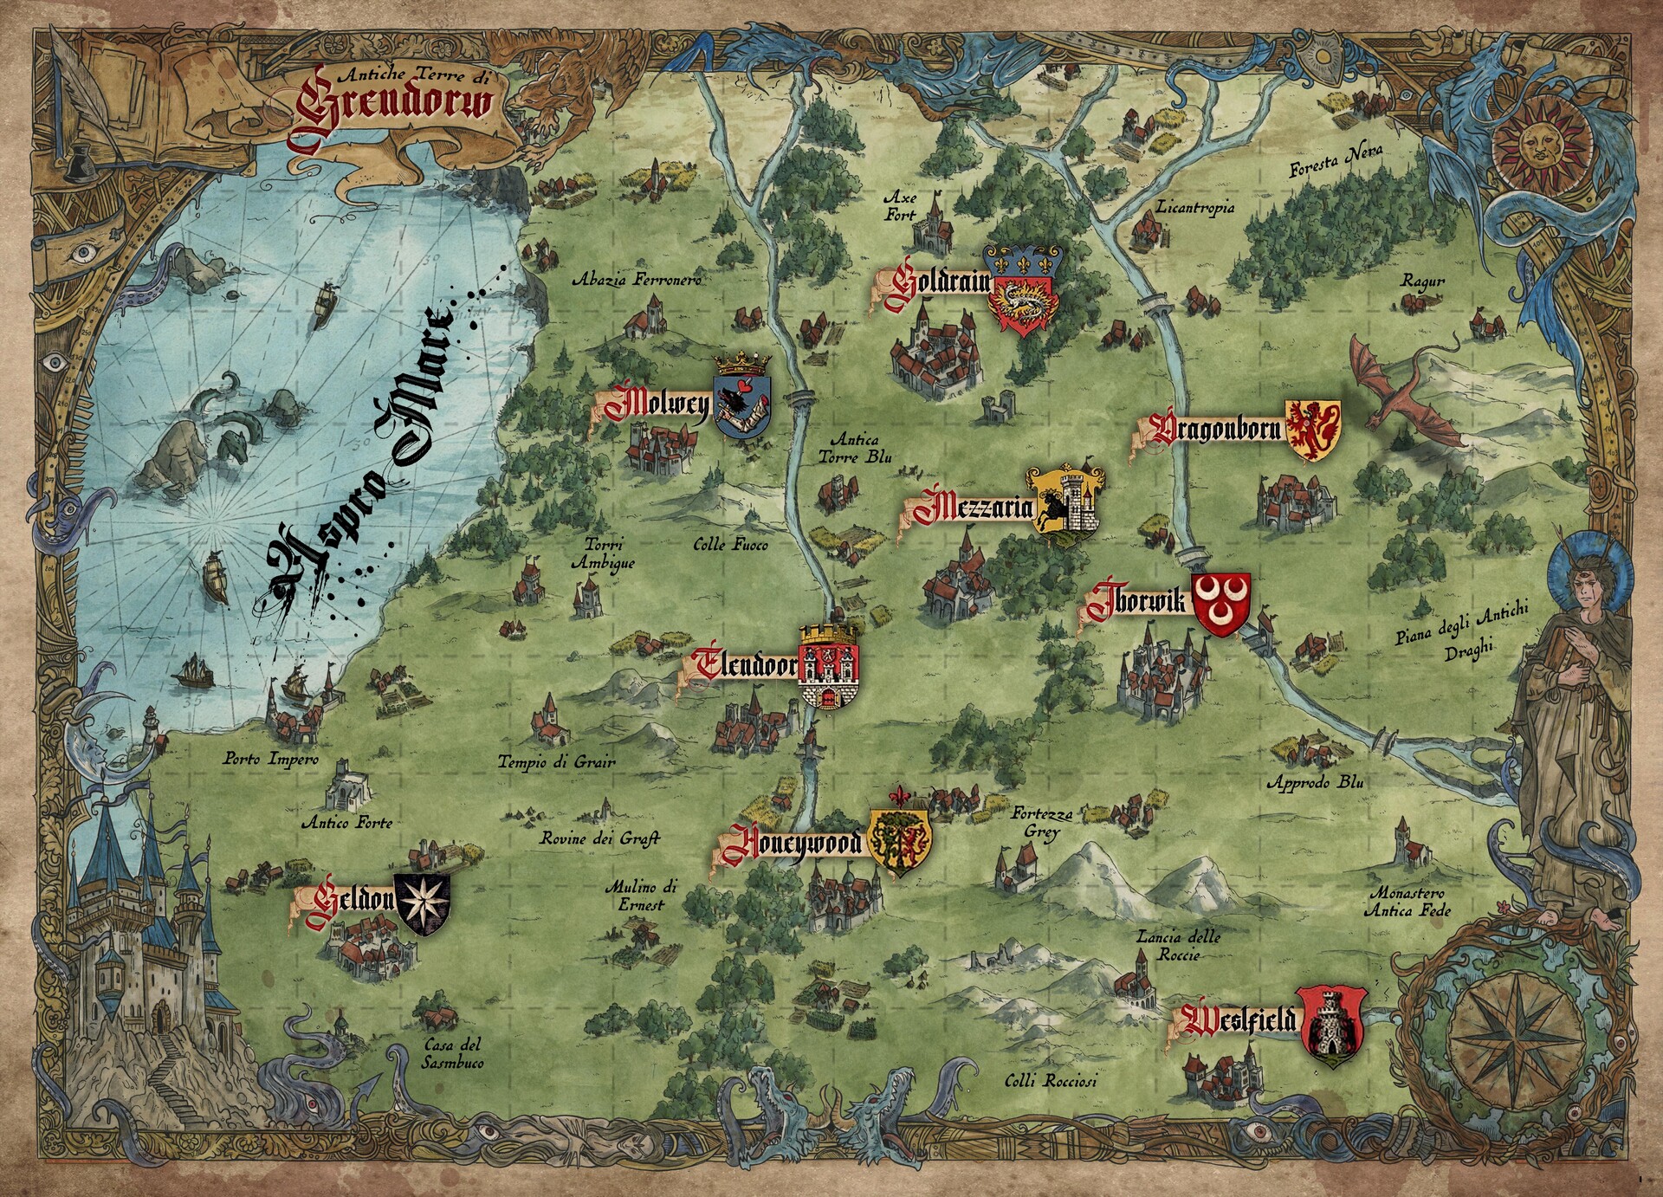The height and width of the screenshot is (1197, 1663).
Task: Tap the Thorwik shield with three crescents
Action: (1221, 604)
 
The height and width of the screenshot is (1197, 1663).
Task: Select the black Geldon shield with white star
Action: (423, 903)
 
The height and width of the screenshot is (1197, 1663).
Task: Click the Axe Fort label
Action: (901, 206)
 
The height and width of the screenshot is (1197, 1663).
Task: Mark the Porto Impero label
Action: (270, 759)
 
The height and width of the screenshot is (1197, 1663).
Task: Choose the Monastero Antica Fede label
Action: (1407, 902)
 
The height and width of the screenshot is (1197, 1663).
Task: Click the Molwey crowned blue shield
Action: (742, 402)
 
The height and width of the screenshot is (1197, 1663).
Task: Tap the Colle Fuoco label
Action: (730, 545)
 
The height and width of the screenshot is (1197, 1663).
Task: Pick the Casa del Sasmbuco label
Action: (452, 1053)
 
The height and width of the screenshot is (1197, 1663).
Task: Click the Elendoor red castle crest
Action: (829, 666)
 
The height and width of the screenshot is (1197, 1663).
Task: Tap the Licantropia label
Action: (1194, 208)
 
